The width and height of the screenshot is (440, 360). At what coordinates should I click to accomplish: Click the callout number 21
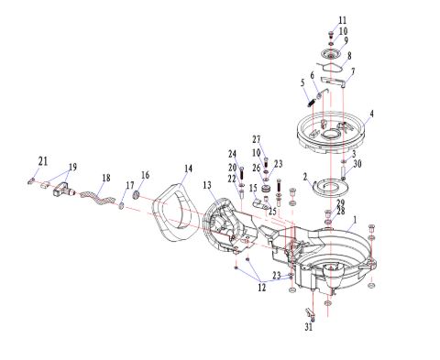(x=43, y=161)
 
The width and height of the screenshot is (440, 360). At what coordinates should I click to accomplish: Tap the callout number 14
(x=189, y=169)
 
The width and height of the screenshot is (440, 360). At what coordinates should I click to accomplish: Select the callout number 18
(x=106, y=178)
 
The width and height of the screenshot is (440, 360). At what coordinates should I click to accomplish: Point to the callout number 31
(x=309, y=327)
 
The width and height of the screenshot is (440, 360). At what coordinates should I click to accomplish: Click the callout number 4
(x=371, y=114)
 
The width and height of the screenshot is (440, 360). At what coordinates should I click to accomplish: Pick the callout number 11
(x=343, y=20)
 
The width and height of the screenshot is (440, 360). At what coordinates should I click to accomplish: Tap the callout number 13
(x=207, y=185)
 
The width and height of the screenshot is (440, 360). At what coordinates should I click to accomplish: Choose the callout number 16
(x=146, y=175)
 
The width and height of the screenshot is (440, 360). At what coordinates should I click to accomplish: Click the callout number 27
(x=257, y=139)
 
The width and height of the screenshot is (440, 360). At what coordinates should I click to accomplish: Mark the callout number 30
(x=357, y=164)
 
